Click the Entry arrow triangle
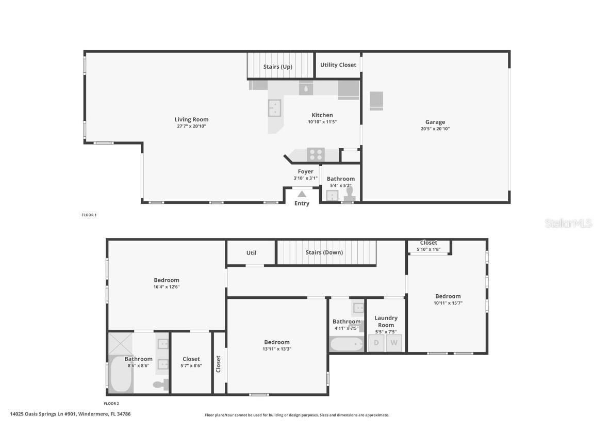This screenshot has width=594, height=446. click(302, 194)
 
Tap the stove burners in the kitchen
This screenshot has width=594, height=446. click(316, 154)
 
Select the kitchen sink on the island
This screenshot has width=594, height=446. click(274, 108)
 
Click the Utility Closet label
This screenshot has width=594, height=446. click(338, 65)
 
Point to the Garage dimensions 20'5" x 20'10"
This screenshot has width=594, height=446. click(435, 129)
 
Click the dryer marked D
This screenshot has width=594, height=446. click(376, 343)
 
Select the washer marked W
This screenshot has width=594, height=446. click(394, 343)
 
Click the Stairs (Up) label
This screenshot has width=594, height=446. click(278, 67)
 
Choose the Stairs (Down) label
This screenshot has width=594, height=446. click(324, 252)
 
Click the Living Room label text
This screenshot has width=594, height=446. click(191, 120)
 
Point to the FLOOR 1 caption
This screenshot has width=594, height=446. click(89, 215)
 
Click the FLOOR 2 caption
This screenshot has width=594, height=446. click(111, 404)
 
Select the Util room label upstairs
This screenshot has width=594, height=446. click(251, 253)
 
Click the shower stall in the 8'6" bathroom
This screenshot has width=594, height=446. click(120, 343)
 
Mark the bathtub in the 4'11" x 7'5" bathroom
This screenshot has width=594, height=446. click(346, 344)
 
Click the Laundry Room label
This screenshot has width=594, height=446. click(386, 322)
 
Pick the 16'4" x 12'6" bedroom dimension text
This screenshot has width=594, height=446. click(166, 287)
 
